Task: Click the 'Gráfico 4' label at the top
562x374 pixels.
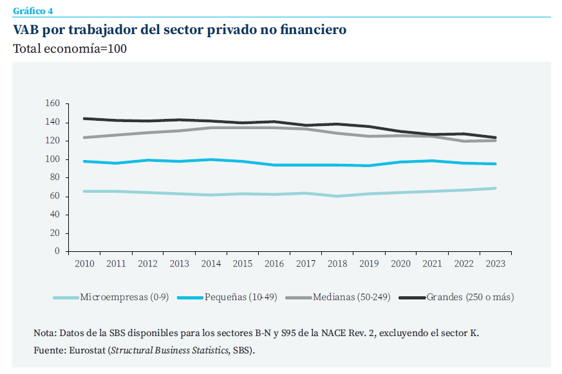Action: tap(33, 9)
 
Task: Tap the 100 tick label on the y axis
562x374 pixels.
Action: tap(53, 159)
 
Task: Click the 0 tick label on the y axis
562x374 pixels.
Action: tap(57, 251)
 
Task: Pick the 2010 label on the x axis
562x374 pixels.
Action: tap(84, 263)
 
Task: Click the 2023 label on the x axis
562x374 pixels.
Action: tap(495, 263)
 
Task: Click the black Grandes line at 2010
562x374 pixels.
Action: tap(84, 118)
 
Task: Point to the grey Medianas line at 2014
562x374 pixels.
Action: tap(211, 127)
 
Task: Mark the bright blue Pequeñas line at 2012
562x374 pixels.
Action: tap(147, 160)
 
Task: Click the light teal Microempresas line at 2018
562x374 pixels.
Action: tap(337, 196)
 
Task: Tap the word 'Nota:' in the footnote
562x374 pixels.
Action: tap(44, 333)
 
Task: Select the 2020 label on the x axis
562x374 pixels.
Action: tap(400, 263)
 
